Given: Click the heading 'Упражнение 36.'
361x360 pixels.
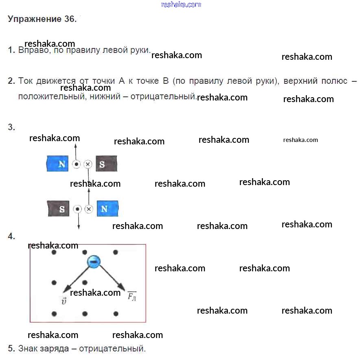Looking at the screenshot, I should pos(42,19).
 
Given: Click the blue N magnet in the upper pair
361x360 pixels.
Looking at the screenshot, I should pos(59,164).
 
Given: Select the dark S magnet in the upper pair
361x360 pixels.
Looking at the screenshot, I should pos(106,164).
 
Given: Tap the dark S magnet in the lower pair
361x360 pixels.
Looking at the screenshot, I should pos(59,209).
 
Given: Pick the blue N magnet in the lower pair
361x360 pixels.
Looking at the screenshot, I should pos(107,209).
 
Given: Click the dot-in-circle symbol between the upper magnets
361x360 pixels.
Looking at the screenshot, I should pos(76,164).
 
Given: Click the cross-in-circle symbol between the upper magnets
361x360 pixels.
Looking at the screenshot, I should pos(88,164).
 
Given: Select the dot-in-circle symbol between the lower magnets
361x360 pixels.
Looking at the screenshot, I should pos(77,209).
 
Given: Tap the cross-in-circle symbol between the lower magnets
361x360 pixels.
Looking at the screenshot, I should pos(89,209).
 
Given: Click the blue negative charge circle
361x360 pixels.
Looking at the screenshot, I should pos(93,262).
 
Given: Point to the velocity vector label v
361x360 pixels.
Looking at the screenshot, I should pos(63,301).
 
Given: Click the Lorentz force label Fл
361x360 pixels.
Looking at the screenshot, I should pos(132,296).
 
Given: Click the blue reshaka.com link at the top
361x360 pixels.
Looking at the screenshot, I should pos(181,4).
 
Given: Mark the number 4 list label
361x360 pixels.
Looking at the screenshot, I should pos(11,236).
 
